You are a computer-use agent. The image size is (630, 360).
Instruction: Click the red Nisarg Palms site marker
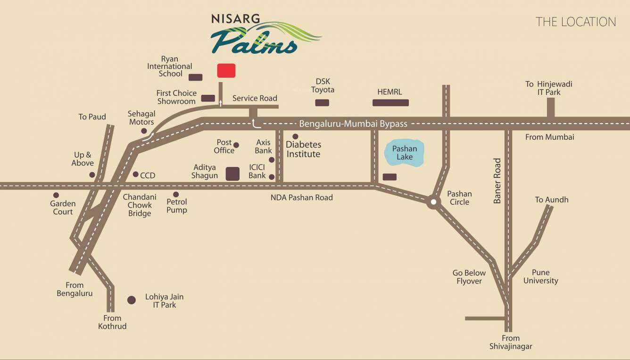coord(226,70)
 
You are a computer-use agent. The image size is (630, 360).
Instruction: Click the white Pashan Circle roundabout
coord(433,202)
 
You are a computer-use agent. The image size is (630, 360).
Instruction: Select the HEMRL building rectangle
coord(390,102)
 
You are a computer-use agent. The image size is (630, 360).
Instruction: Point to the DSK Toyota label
coord(323,85)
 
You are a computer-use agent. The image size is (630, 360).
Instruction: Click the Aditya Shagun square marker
coord(232,174)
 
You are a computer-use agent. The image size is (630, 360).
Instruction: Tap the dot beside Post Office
coord(236,145)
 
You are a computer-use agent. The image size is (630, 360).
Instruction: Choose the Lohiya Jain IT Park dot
coord(132,300)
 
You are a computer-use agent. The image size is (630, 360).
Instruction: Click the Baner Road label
coord(497,181)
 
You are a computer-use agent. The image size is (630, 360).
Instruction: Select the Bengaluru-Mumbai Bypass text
coord(353,124)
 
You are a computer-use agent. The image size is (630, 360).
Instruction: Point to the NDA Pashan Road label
coord(301,197)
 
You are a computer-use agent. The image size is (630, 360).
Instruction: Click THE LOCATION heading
coord(575,22)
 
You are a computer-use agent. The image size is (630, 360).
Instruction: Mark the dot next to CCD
coord(135,174)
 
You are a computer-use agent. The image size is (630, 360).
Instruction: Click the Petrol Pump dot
coord(176,194)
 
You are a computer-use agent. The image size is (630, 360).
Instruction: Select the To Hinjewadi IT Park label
coord(549,88)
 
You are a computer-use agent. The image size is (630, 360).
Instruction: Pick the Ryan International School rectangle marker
coord(195,77)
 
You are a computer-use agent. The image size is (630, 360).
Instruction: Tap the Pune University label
coord(540,276)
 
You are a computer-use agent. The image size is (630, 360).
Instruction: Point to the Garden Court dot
coord(56,195)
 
